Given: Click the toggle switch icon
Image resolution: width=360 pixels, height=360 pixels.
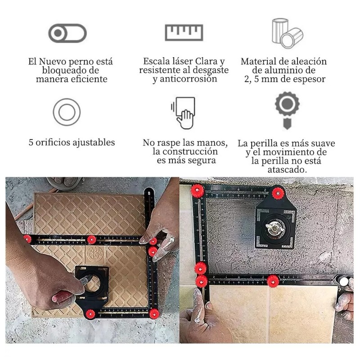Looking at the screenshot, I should coord(67,33).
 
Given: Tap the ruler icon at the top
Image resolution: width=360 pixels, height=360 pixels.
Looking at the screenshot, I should coord(184,32).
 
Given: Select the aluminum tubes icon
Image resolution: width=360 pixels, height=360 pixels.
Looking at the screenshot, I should coord(288,33).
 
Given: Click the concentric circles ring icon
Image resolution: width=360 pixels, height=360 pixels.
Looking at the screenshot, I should coord(67,112).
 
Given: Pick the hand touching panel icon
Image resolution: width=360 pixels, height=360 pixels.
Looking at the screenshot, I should coord(184,113).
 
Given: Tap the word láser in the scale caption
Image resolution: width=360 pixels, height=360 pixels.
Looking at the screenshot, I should coord(181,61).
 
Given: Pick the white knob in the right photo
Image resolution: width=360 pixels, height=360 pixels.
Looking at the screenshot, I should coord(344,281).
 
